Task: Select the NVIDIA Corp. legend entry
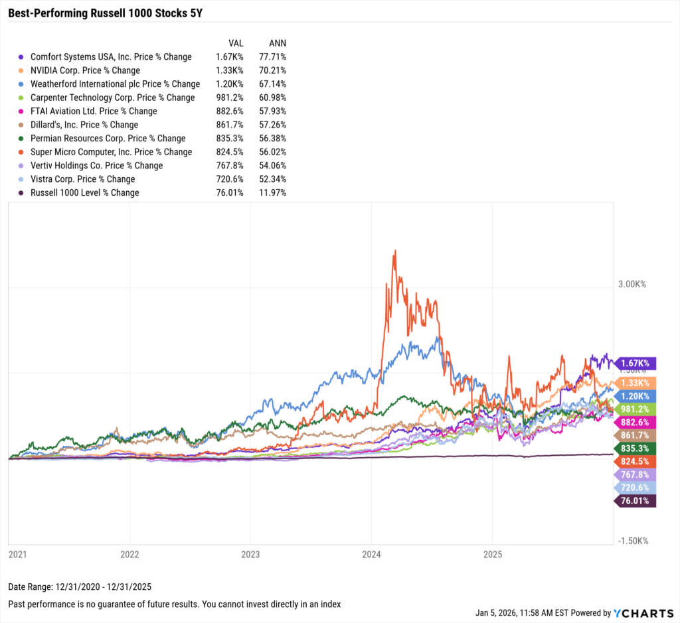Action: click(x=86, y=70)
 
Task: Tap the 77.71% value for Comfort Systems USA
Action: click(x=272, y=57)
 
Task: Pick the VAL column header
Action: click(x=236, y=42)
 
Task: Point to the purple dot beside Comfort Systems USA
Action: click(x=22, y=57)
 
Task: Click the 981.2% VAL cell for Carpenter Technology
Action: click(x=230, y=98)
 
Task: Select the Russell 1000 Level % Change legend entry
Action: click(x=85, y=192)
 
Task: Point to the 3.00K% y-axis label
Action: click(x=632, y=284)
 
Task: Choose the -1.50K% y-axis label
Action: click(x=632, y=541)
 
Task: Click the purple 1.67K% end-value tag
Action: click(x=637, y=363)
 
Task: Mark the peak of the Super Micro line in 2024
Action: click(x=394, y=251)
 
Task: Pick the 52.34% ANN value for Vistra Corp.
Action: click(x=272, y=179)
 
